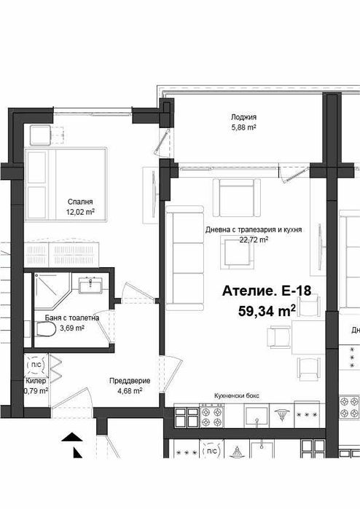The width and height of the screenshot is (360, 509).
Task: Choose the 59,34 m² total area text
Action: click(265, 311)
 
